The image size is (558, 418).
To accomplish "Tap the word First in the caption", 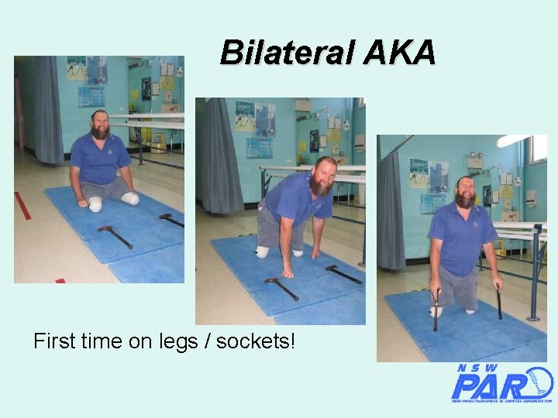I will (x=56, y=341).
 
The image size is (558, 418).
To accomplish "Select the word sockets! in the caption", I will (x=256, y=341).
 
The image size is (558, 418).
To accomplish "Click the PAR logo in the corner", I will (x=501, y=382).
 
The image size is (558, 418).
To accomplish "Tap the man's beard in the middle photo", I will (x=320, y=185).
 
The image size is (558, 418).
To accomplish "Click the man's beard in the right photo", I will (x=465, y=198).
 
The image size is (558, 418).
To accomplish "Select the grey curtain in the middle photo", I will (x=221, y=155).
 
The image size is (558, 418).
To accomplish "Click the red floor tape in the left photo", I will (x=22, y=205).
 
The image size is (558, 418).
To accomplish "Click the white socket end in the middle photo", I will (x=263, y=252).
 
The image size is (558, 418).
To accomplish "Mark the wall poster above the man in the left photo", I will (x=97, y=70).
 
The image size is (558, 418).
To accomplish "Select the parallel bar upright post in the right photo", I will (x=536, y=271).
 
